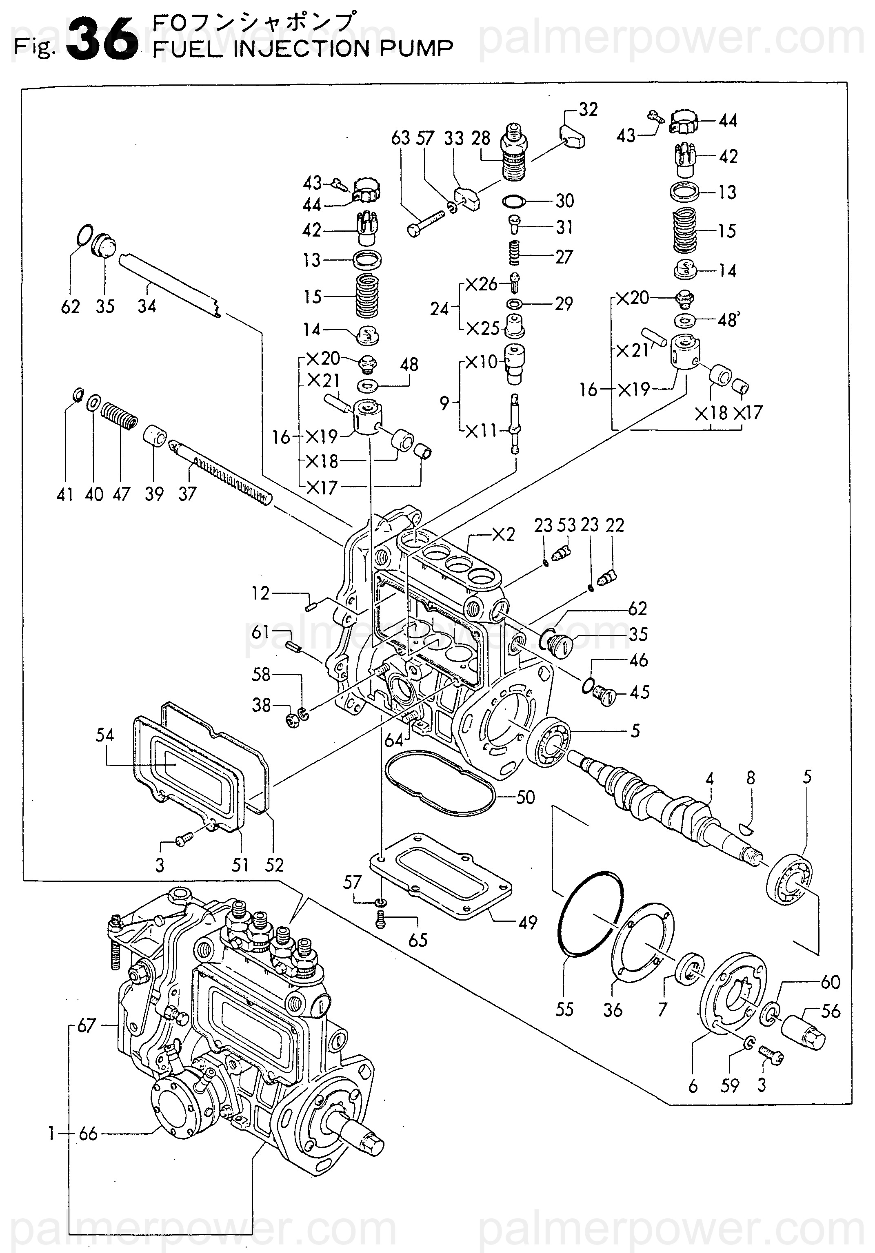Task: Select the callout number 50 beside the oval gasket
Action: [525, 797]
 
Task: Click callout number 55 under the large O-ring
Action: [564, 1009]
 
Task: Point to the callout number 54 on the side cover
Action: [105, 735]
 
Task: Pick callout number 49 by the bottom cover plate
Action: [528, 922]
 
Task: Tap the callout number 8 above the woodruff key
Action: [751, 778]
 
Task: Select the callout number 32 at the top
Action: [588, 110]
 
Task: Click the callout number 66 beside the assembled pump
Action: [88, 1134]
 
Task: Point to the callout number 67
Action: [86, 1026]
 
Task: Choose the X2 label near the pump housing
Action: [503, 534]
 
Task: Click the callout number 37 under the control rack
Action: [187, 494]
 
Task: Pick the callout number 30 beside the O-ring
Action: [565, 201]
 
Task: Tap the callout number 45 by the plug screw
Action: [640, 693]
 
